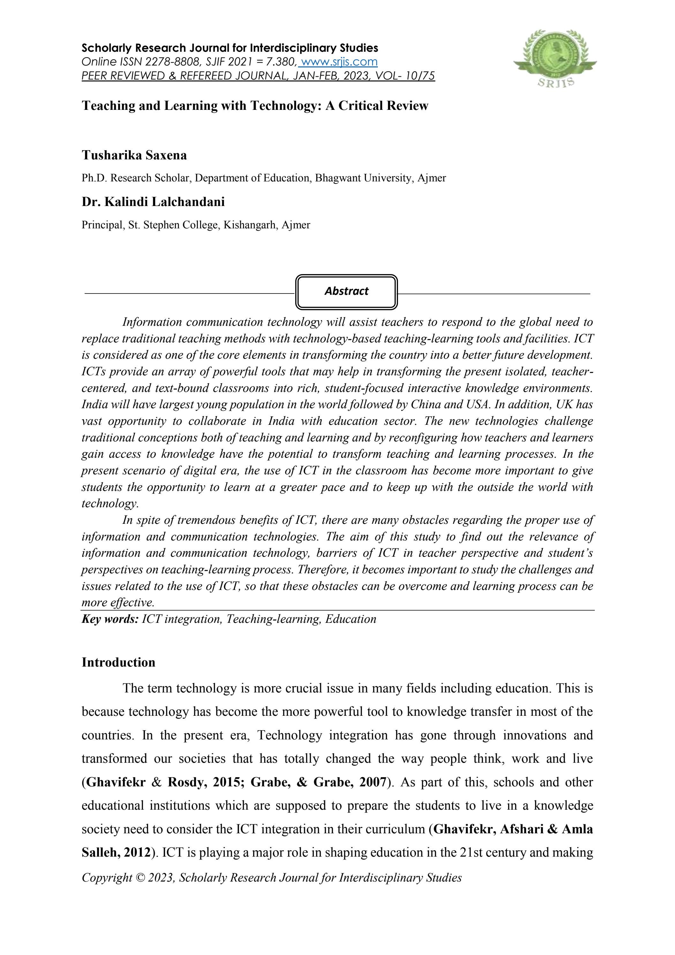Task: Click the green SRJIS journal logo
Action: click(555, 58)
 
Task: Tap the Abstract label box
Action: click(346, 291)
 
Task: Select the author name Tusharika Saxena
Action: click(134, 155)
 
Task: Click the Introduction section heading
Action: click(118, 662)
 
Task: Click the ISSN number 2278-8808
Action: click(173, 62)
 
